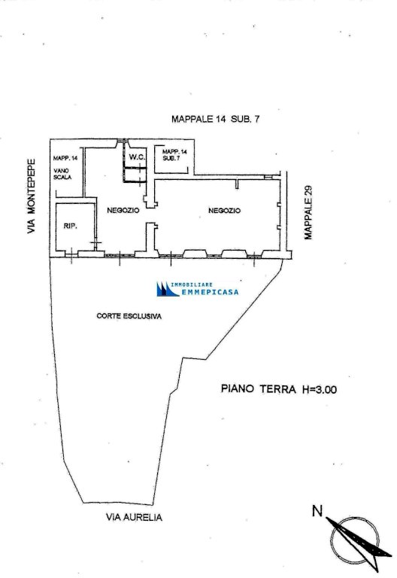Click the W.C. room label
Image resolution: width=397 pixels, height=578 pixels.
click(138, 157)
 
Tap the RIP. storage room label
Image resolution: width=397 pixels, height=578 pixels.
click(71, 226)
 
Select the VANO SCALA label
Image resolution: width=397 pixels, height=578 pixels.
click(62, 174)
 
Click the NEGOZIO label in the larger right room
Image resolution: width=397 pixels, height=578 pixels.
click(224, 211)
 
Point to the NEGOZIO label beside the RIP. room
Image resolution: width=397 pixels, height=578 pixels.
click(123, 211)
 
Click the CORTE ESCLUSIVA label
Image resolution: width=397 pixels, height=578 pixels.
click(129, 316)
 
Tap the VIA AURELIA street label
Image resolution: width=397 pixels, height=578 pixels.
click(134, 517)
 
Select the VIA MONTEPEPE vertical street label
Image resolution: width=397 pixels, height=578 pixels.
click(32, 196)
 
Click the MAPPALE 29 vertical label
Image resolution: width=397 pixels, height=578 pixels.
click(308, 212)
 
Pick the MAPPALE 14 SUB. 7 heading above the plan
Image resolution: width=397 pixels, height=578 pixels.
click(216, 119)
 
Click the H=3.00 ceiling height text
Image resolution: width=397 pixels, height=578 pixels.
click(320, 389)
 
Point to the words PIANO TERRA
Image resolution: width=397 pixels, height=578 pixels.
click(258, 389)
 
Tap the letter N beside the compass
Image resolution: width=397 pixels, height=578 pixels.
click(317, 511)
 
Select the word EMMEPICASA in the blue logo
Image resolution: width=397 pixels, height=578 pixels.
click(210, 292)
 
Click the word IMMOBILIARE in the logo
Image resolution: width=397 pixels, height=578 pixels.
click(192, 284)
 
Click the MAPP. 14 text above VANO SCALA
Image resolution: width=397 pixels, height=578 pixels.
click(65, 159)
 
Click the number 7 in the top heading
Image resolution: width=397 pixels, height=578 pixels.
click(256, 119)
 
